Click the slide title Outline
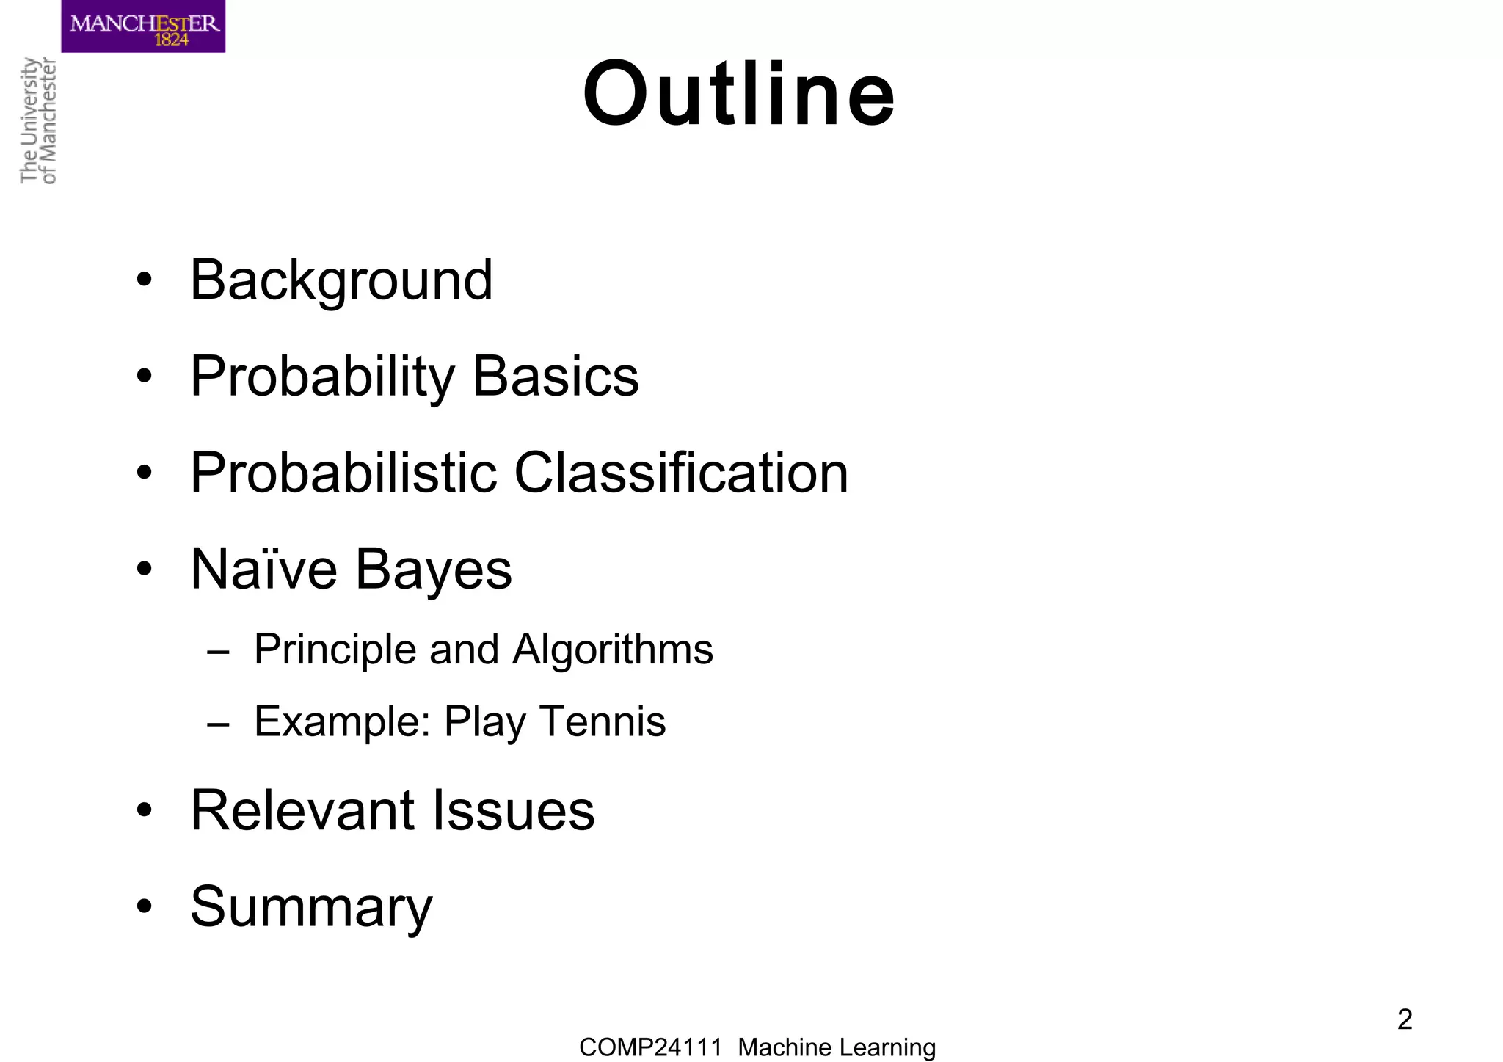point(739,95)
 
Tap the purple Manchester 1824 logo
point(143,26)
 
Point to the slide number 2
point(1405,1019)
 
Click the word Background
point(341,280)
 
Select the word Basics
point(556,377)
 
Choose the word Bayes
point(434,570)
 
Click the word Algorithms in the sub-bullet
point(612,650)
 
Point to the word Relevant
point(302,810)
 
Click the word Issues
point(514,810)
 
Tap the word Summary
point(311,907)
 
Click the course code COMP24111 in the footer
point(650,1047)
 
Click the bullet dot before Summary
point(145,906)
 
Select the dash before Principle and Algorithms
point(218,651)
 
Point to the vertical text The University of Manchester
point(38,120)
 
